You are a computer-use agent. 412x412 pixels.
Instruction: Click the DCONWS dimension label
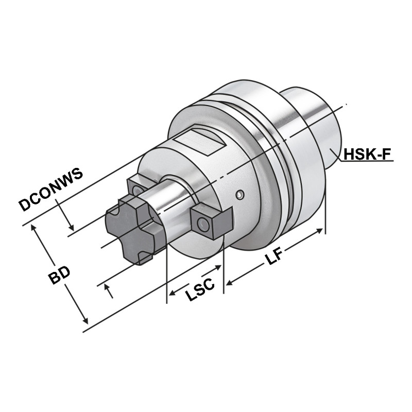pos(51,190)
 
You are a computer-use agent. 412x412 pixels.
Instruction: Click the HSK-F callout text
pos(368,154)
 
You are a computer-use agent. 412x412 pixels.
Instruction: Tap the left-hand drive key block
pos(136,188)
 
